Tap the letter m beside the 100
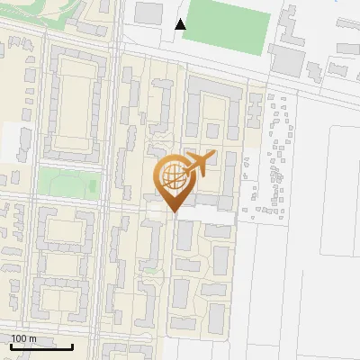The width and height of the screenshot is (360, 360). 32,338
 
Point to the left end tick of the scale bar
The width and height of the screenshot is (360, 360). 11,346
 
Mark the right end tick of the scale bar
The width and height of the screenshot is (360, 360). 73,346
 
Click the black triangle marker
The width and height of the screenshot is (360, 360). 181,24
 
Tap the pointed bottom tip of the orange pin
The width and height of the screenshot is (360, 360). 173,211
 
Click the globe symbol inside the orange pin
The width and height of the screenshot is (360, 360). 172,175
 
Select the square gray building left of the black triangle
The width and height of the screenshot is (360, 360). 148,13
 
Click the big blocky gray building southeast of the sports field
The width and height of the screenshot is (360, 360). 289,60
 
